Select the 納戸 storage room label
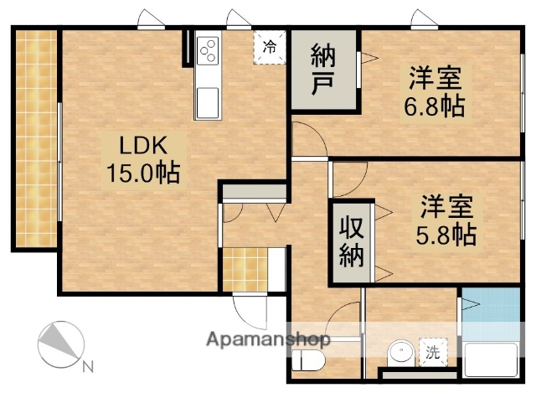324,71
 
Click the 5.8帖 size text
446,232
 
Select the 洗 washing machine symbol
433,353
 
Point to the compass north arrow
59,344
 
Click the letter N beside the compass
88,366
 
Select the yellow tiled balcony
36,138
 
